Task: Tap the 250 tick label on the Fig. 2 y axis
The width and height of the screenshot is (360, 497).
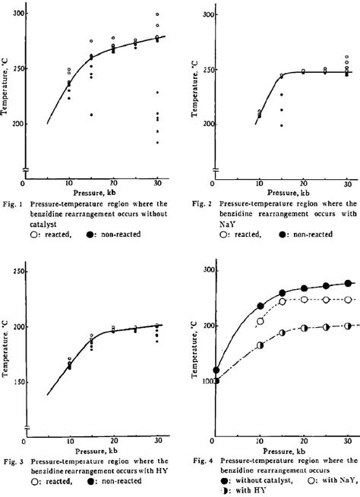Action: point(200,70)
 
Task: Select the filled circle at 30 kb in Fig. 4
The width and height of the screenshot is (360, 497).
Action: point(349,283)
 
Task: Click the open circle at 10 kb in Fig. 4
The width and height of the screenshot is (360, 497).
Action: point(261,322)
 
